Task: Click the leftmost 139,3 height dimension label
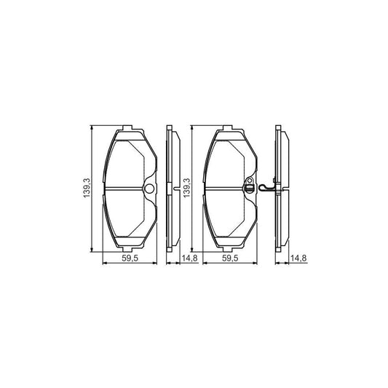click(x=87, y=188)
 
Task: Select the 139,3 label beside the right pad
click(x=186, y=188)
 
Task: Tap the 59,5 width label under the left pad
click(x=130, y=258)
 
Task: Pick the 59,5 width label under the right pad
click(x=230, y=258)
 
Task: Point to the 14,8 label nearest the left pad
click(x=190, y=258)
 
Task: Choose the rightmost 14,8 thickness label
click(x=298, y=258)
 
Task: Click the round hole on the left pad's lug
click(x=150, y=189)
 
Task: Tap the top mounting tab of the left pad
click(x=127, y=127)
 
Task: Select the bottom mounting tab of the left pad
click(x=127, y=250)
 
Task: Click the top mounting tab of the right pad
click(x=227, y=127)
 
